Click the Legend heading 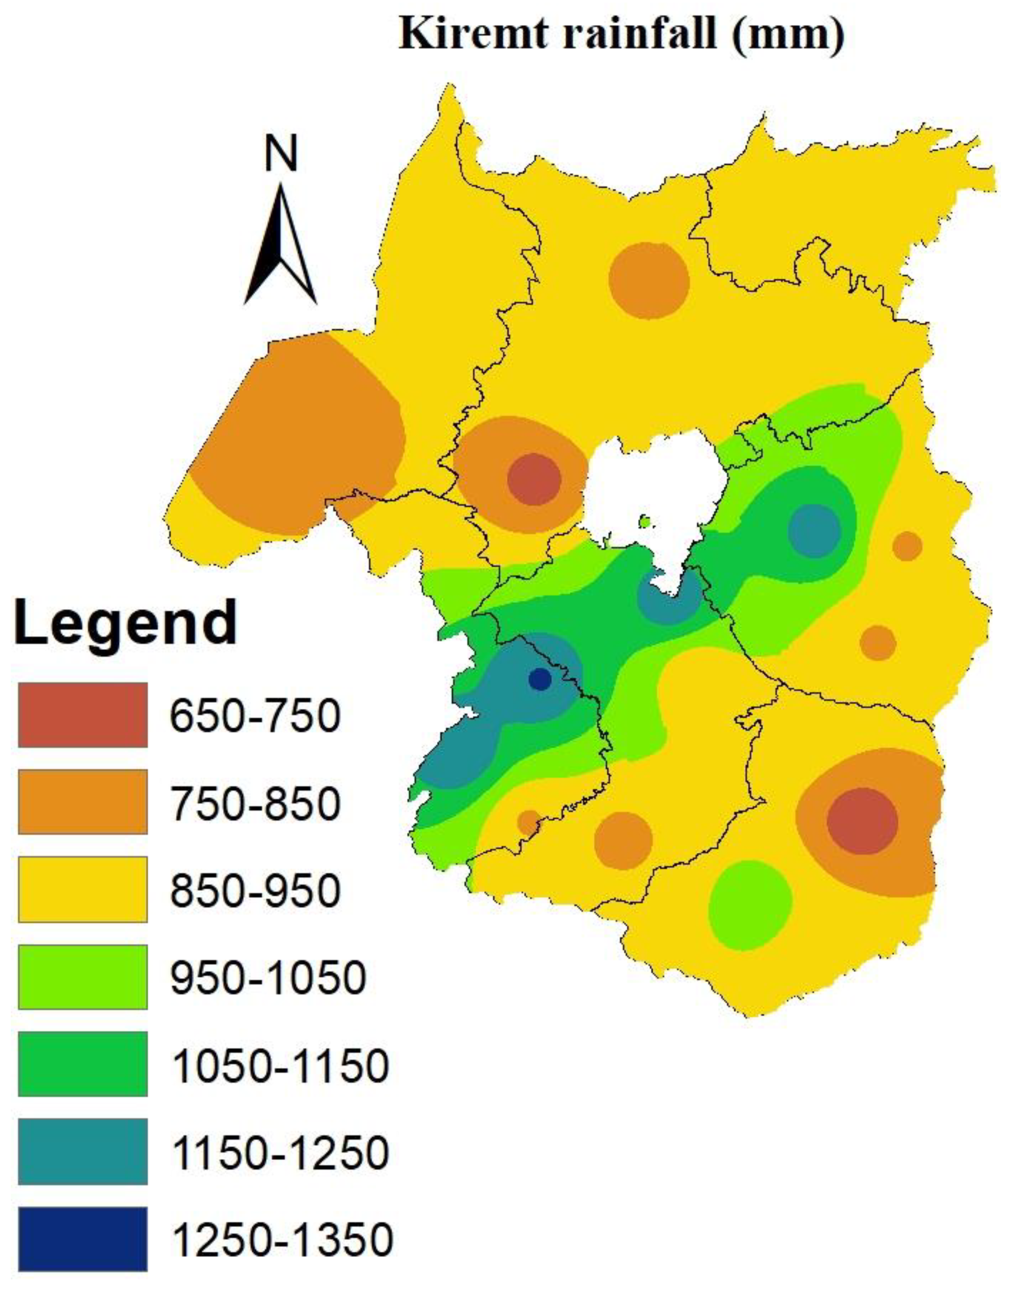tap(126, 622)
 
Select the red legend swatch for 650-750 tap(83, 714)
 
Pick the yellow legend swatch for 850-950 tap(83, 889)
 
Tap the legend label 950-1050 tap(268, 977)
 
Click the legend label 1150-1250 tap(280, 1152)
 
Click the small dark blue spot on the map tap(539, 679)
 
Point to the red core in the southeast tap(862, 821)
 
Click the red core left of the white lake tap(534, 479)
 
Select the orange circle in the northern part tap(649, 281)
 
